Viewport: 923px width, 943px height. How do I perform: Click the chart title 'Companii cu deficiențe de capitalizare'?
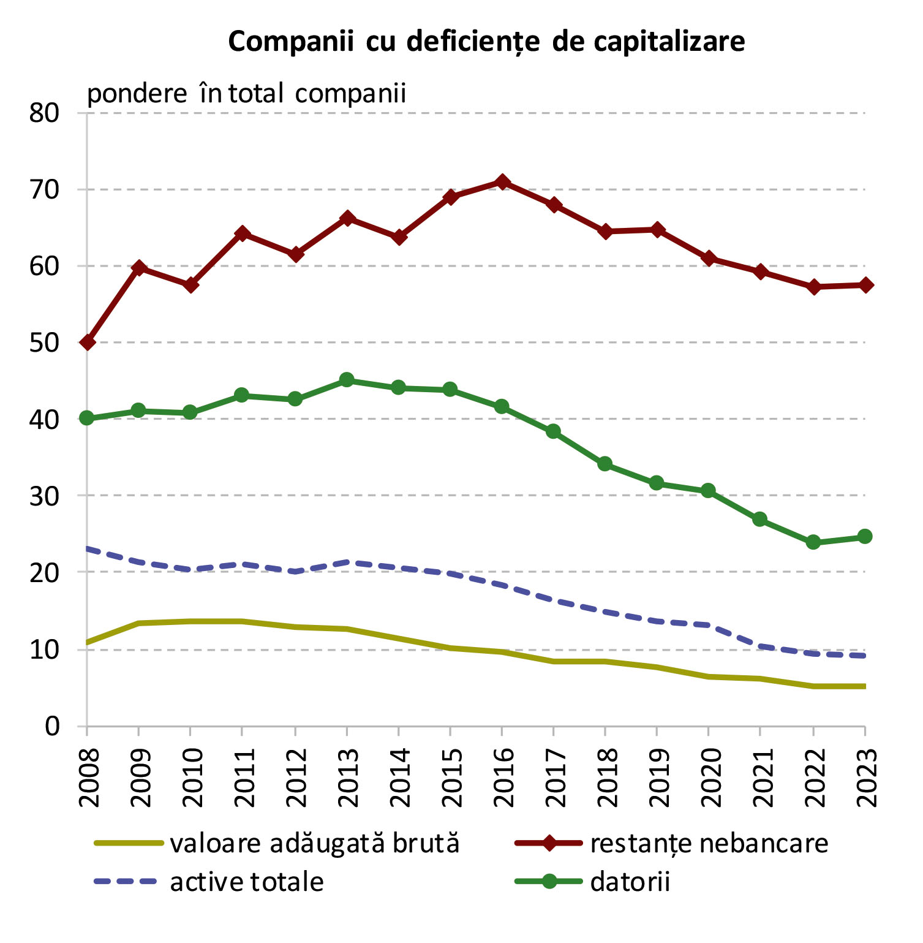point(486,42)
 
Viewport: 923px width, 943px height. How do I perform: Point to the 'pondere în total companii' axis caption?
point(246,94)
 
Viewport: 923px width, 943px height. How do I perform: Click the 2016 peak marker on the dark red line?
point(502,182)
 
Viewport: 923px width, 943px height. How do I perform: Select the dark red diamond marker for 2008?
point(88,342)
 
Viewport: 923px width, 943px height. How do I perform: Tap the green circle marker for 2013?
point(347,380)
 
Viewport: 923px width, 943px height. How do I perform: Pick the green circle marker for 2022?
point(813,542)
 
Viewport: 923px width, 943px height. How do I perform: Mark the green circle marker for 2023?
point(865,537)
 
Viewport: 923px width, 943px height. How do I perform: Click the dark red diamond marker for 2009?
point(139,267)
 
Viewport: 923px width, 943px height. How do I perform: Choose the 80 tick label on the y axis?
point(44,113)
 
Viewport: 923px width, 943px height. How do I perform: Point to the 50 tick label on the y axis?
point(44,343)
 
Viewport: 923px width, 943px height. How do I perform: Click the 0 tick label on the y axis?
point(52,726)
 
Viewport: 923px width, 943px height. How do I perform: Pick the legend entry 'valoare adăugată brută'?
point(314,844)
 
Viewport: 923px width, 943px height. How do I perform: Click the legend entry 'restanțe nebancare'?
point(709,844)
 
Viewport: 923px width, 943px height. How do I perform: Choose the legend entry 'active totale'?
point(246,882)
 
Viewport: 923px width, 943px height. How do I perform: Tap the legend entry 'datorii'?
point(630,882)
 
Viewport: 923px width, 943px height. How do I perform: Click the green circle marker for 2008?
point(87,418)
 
